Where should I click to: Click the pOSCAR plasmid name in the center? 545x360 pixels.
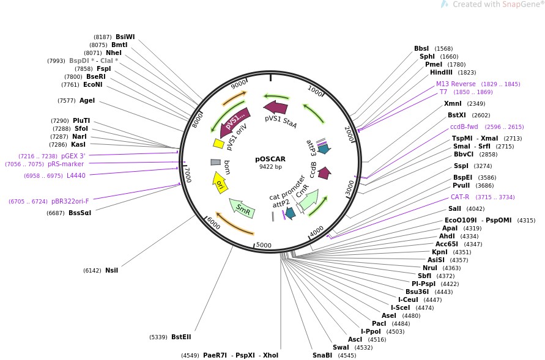(270, 159)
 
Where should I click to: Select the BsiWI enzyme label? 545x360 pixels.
(125, 37)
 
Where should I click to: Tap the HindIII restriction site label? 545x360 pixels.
(441, 72)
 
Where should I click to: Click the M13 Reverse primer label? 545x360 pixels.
(456, 84)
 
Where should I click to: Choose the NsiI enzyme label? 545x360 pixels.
(111, 270)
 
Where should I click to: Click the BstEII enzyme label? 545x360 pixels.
(181, 337)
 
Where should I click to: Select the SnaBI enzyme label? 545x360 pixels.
(322, 355)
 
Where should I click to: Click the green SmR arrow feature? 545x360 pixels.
(242, 208)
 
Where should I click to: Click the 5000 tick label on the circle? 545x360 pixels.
(264, 245)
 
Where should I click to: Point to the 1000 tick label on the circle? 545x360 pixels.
(315, 90)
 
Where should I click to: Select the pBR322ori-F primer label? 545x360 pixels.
(70, 201)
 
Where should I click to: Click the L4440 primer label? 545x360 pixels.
(76, 175)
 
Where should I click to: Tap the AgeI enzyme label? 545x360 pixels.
(87, 100)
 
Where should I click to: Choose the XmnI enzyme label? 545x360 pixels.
(453, 103)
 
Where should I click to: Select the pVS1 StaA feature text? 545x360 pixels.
(281, 121)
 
